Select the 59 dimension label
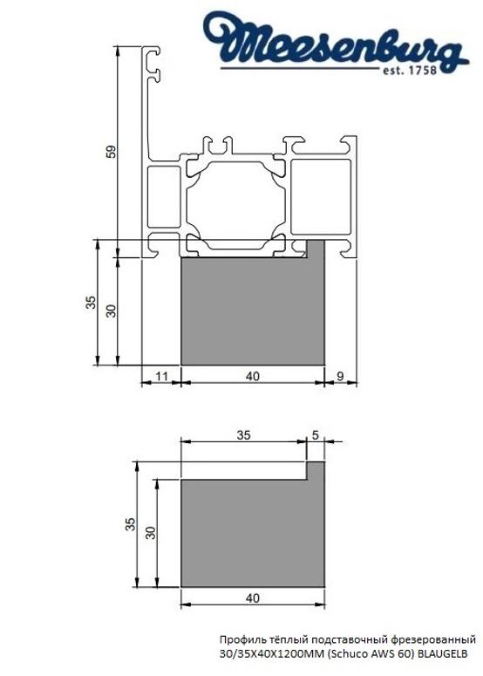(x=111, y=151)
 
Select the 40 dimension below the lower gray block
(x=252, y=598)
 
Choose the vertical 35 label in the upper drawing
(x=90, y=304)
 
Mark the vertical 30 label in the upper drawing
(x=111, y=310)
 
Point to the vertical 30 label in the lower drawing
(x=150, y=532)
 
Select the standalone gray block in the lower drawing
(x=252, y=532)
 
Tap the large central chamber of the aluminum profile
(x=233, y=195)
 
